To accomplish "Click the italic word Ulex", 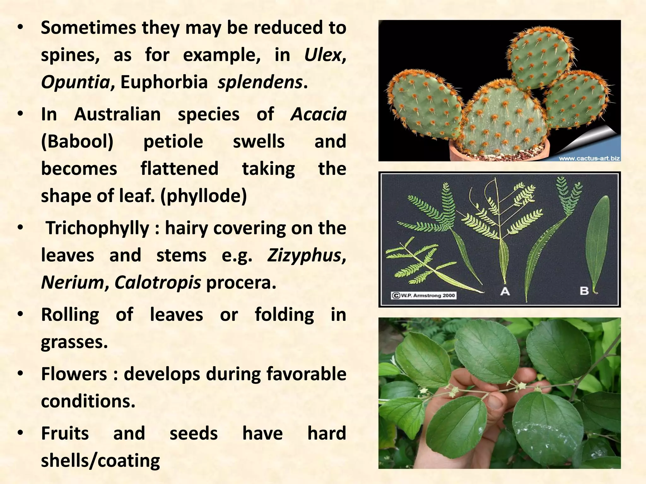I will point(323,55).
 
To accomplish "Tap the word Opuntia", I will point(75,83).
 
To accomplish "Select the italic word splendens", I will point(260,83).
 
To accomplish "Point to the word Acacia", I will point(318,114).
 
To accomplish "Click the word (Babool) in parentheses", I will point(77,141).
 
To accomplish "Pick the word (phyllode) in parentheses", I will point(203,196).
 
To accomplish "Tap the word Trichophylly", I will point(97,228).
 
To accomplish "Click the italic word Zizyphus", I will point(304,255).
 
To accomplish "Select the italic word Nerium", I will point(72,282).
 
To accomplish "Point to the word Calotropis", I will point(157,282).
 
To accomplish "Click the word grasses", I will point(74,342).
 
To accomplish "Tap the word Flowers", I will point(74,374).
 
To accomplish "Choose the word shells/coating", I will point(100,461).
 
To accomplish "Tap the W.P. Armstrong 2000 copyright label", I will point(424,296).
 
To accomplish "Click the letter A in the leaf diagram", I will point(505,291).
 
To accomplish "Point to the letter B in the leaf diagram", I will point(584,291).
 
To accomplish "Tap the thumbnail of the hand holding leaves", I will point(499,393).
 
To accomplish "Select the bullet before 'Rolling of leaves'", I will point(20,314).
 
